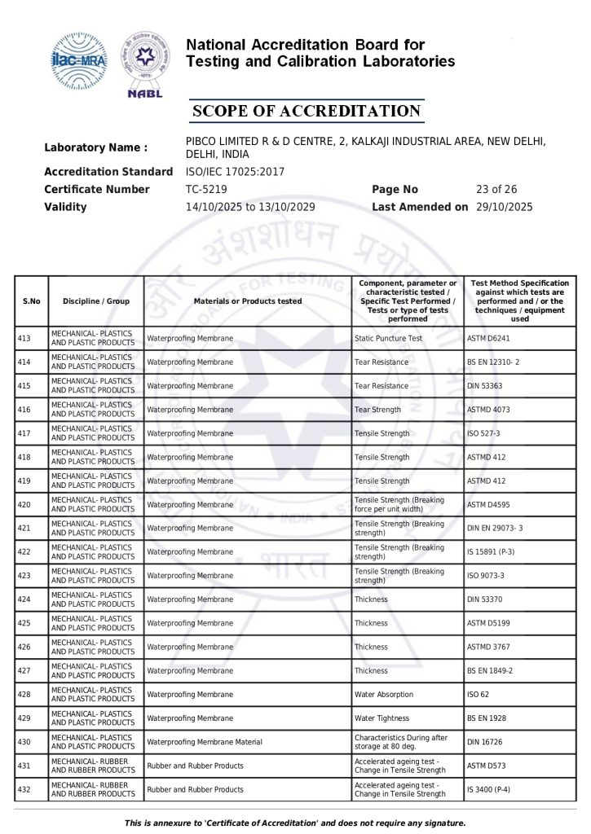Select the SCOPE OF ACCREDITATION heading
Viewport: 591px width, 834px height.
pos(306,112)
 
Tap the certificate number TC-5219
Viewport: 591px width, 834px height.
pos(205,189)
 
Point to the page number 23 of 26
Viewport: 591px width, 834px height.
pos(496,189)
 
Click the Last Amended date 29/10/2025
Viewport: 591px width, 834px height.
pos(504,207)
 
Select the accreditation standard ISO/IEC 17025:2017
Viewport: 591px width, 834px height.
pos(236,172)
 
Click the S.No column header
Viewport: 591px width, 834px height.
pos(32,301)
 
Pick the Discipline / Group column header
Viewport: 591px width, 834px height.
pos(96,301)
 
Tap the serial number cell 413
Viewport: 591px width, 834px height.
pos(24,338)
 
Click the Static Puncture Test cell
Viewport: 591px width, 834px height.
pos(389,338)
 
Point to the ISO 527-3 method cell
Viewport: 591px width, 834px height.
pos(484,433)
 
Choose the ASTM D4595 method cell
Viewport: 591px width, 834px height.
pos(489,505)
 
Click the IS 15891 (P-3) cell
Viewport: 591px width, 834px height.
pos(491,552)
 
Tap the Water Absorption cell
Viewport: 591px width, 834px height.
pos(384,695)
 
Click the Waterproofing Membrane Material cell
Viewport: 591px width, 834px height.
pos(205,742)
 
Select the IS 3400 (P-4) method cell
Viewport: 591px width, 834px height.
pos(491,790)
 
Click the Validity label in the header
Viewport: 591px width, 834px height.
pos(65,207)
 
